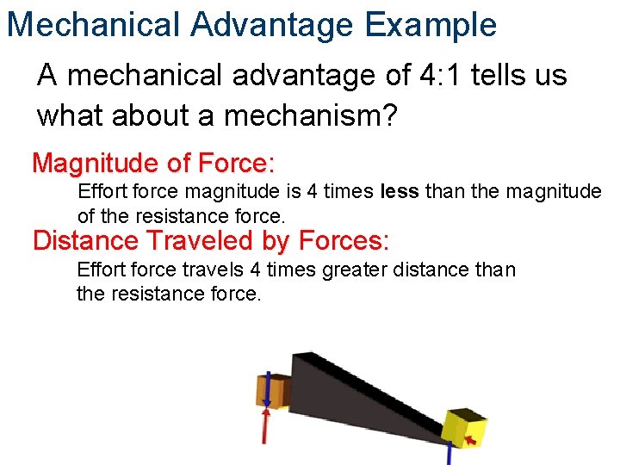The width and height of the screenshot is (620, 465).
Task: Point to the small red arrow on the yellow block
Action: coord(470,440)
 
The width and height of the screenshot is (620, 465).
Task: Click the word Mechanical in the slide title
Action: coord(93,24)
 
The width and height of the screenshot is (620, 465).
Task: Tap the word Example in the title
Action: coord(431,24)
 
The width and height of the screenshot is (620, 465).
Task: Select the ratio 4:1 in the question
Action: coord(453,76)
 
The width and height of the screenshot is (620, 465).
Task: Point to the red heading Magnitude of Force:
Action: coord(153,162)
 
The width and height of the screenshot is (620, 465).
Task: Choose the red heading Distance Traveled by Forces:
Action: coord(211,240)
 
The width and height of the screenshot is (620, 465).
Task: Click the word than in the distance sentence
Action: coord(495,270)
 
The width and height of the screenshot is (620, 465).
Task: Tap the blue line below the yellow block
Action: coord(449,453)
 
